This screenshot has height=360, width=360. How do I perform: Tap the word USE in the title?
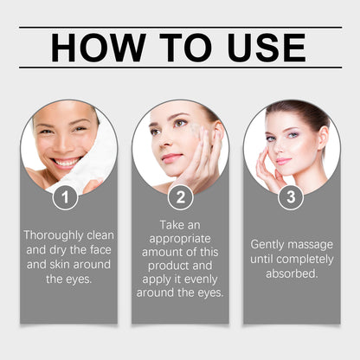tap(267, 48)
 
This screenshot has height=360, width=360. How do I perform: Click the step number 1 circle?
tap(65, 197)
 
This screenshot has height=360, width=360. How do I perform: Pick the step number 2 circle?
tap(181, 197)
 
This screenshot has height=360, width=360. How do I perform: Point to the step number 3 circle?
tap(291, 197)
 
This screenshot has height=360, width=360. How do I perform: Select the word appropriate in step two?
tap(180, 239)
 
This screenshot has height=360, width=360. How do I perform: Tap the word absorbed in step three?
tap(292, 273)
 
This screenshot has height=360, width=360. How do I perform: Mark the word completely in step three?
tap(305, 260)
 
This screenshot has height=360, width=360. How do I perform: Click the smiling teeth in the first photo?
tap(66, 164)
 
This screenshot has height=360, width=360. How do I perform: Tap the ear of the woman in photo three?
tap(324, 138)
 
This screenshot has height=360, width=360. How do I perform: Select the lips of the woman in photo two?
tap(171, 158)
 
